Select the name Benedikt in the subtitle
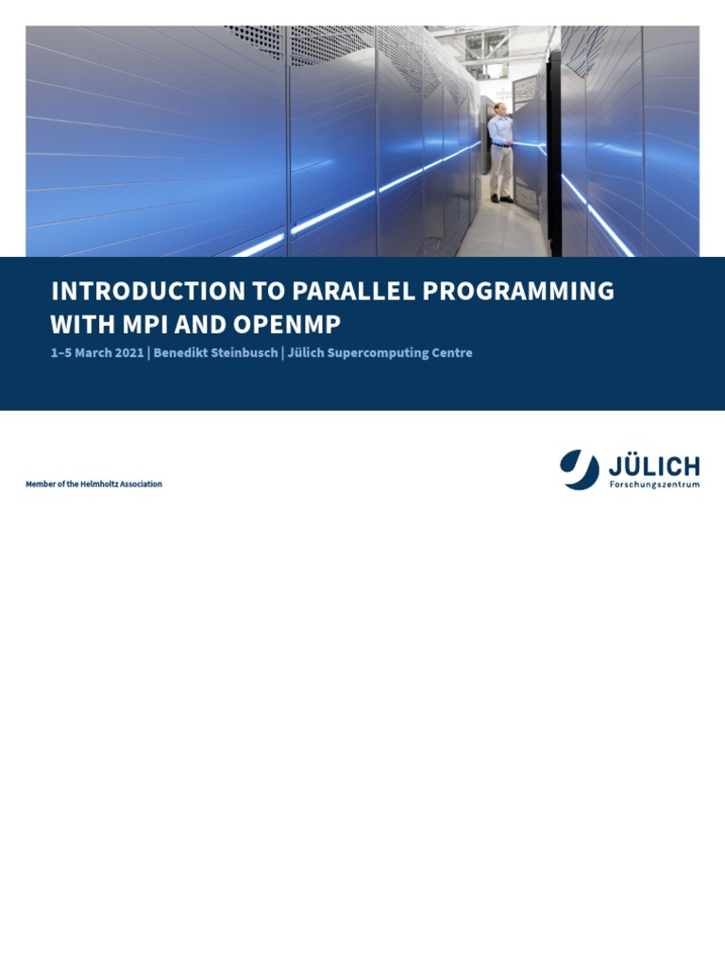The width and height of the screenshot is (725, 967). click(x=184, y=353)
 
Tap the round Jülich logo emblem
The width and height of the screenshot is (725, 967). click(x=579, y=469)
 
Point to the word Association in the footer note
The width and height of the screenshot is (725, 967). click(x=141, y=484)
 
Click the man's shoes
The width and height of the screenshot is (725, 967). click(x=500, y=199)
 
